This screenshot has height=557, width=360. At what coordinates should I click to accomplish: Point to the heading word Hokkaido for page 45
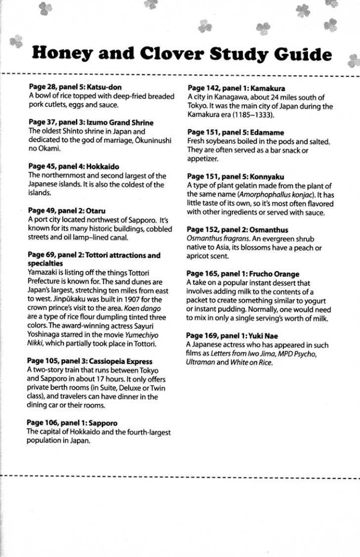point(102,167)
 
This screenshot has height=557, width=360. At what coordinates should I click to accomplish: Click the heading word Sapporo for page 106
point(103,423)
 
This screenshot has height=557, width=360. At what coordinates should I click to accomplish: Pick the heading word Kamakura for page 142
point(267,88)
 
